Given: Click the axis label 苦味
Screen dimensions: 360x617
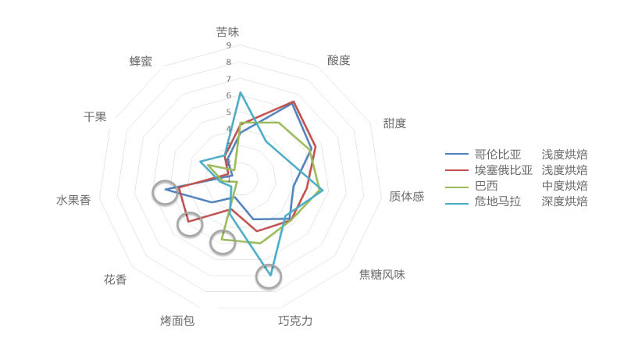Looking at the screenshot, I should (x=228, y=33).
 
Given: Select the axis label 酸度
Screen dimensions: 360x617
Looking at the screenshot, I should (x=339, y=60).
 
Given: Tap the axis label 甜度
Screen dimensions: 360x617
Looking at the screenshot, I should (x=394, y=123).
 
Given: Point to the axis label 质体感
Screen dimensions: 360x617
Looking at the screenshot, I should (x=406, y=196).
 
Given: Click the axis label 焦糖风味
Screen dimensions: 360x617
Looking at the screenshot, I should (x=382, y=275).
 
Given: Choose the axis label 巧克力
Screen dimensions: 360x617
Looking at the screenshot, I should (x=295, y=320).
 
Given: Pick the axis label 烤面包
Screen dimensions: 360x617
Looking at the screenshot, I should (x=177, y=320).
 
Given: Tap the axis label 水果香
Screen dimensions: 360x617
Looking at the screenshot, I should (x=73, y=201).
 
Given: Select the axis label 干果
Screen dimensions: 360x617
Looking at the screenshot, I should (x=95, y=117).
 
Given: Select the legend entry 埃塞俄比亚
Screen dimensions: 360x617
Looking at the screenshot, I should (x=504, y=169).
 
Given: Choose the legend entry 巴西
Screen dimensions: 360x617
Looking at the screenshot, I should (x=486, y=186).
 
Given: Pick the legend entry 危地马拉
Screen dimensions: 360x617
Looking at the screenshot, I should (x=498, y=201).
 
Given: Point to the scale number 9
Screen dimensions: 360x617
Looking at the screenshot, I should (x=228, y=45).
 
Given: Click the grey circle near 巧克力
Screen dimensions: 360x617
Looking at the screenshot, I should (x=269, y=276).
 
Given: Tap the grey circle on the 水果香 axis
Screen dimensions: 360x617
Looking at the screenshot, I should (x=165, y=191).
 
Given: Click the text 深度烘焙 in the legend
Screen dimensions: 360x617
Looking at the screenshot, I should (x=565, y=201).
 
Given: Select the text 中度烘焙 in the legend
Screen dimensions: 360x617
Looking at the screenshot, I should (x=565, y=186).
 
